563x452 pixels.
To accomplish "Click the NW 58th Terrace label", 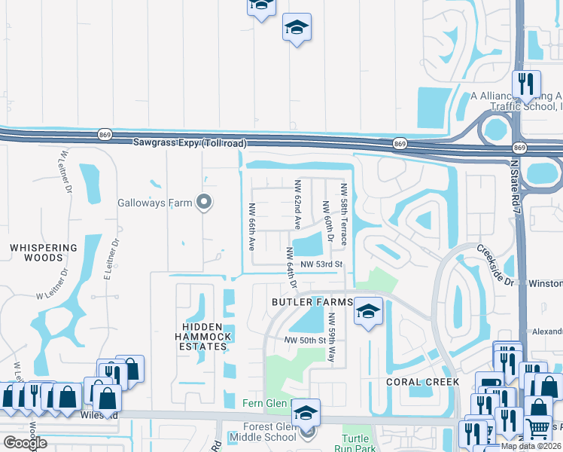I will [x=343, y=214].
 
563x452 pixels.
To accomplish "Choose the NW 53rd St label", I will [x=321, y=264].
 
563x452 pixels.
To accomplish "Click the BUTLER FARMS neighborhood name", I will [x=312, y=302].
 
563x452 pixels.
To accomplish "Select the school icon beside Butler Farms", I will [x=367, y=310].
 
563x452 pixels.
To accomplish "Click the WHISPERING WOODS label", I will [x=43, y=252].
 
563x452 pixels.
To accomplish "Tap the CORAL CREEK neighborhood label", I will [x=422, y=382].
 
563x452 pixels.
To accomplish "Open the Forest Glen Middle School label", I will [x=263, y=437].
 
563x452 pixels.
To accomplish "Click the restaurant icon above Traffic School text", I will [x=526, y=84].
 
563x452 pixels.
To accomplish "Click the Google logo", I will [x=25, y=442].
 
